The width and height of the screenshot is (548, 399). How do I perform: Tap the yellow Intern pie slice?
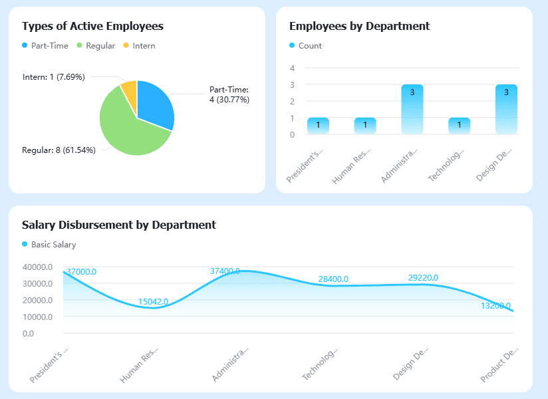[130, 88]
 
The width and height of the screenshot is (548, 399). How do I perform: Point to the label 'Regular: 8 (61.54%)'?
[59, 150]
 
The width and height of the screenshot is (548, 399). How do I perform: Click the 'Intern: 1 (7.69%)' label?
[53, 76]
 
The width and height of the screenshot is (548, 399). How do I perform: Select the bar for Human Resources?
[365, 126]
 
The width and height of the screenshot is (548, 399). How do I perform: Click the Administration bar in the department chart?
[412, 110]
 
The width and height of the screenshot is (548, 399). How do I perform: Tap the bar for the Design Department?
[506, 110]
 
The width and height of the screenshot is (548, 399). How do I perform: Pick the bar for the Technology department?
[459, 126]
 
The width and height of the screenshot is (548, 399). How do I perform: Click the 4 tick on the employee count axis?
[292, 68]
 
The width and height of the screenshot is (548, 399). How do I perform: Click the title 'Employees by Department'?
[359, 26]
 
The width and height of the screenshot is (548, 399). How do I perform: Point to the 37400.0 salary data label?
[225, 271]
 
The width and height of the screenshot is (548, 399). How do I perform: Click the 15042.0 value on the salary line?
[153, 302]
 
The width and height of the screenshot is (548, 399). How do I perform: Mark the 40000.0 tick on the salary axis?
[37, 267]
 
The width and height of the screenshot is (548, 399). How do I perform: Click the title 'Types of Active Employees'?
[92, 26]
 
